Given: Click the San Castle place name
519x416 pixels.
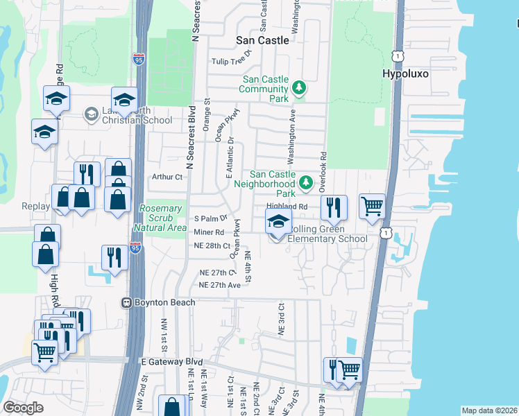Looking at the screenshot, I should click(x=262, y=40).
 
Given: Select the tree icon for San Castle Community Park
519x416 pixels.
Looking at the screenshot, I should click(x=299, y=87).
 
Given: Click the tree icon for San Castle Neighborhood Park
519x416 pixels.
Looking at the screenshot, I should click(x=305, y=183).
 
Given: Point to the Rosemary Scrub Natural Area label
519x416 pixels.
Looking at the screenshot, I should click(x=163, y=218).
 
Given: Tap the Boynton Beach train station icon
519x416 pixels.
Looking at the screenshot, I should click(x=127, y=302).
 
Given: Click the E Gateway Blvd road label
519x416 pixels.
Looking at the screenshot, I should click(x=171, y=362).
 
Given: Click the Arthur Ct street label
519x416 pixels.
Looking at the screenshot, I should click(x=166, y=177).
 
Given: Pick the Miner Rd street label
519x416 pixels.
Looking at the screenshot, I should click(x=209, y=232).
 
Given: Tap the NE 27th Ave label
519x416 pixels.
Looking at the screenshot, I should click(x=219, y=285).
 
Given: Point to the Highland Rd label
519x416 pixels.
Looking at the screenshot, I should click(x=287, y=207).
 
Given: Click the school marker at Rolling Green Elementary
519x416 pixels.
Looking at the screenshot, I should click(x=278, y=223).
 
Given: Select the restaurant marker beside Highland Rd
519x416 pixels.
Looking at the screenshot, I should click(x=334, y=207).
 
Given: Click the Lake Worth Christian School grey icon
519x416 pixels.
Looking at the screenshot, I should click(x=90, y=113).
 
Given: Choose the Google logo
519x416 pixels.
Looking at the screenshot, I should click(x=23, y=408).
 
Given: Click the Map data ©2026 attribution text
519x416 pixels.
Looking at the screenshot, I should click(x=489, y=410).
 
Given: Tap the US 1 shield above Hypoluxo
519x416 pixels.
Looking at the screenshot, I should click(x=396, y=55).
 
